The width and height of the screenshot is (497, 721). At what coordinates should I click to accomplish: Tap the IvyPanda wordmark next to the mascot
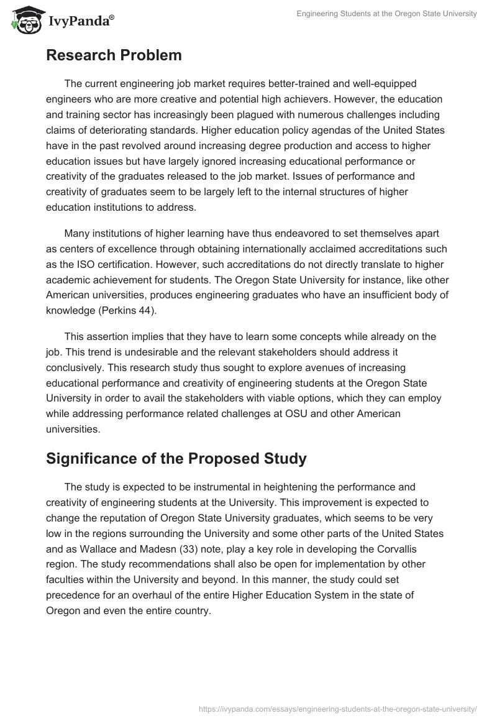coord(81,22)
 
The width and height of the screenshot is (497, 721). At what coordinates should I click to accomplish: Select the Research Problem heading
coord(114,55)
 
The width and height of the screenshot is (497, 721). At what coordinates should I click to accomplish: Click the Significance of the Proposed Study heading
coord(176,459)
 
